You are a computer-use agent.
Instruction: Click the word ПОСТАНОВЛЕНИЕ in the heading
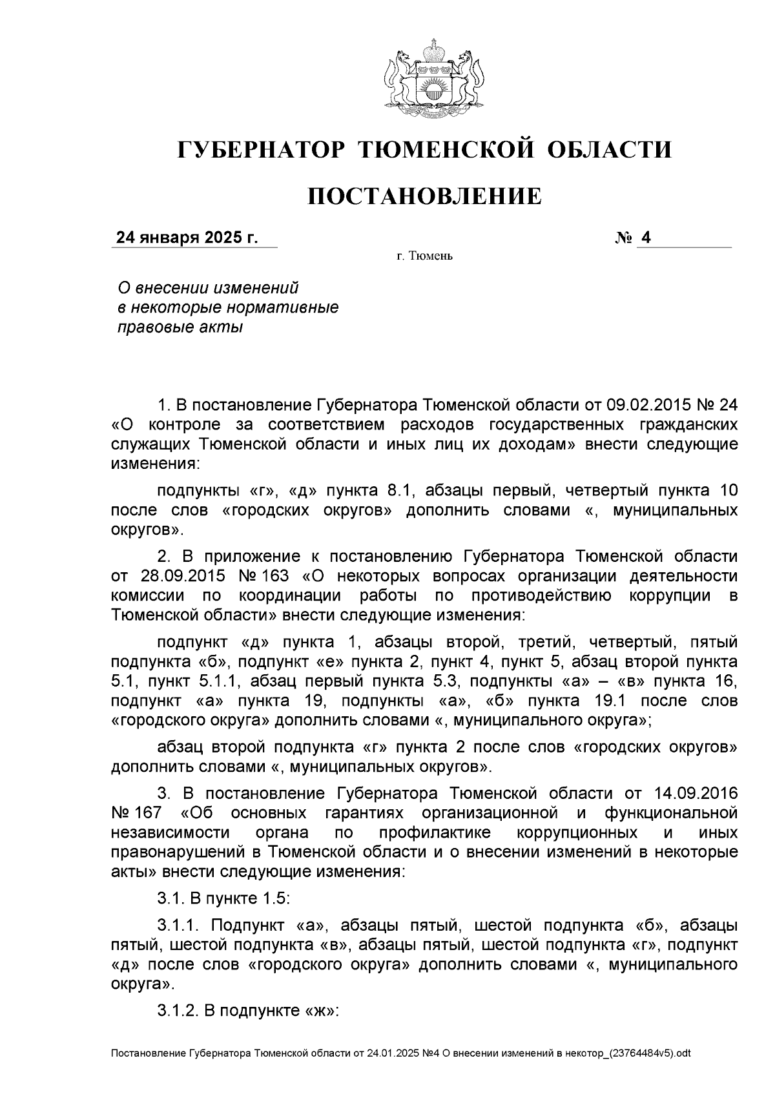(x=424, y=196)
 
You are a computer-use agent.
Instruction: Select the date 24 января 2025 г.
(x=187, y=238)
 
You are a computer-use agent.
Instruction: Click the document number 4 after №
(x=645, y=238)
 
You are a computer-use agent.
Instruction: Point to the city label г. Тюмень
(x=425, y=257)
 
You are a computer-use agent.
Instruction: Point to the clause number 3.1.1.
(x=179, y=925)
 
